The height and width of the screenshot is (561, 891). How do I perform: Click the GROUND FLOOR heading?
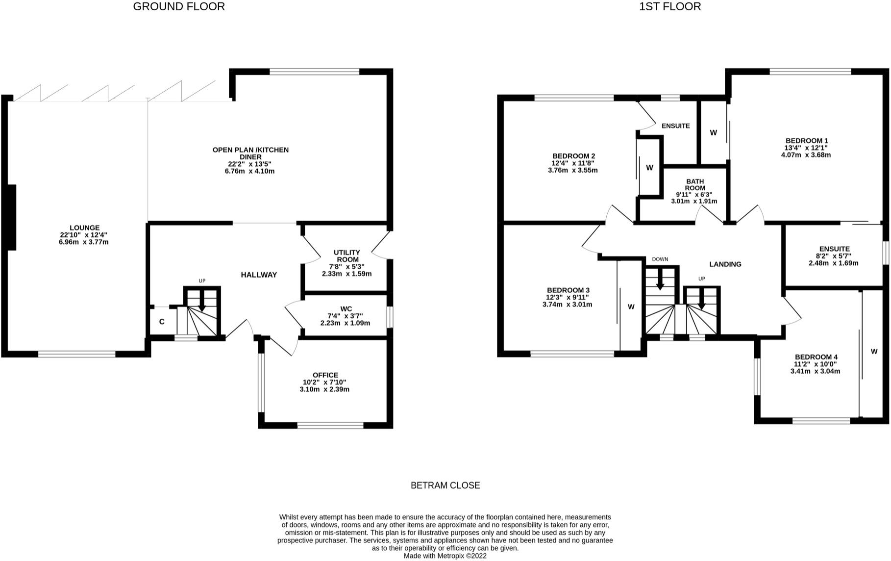click(179, 6)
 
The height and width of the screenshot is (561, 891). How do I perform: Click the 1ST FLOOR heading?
click(669, 6)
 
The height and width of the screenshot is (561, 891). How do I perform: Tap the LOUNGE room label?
click(84, 228)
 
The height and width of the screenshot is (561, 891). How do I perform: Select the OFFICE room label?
click(325, 375)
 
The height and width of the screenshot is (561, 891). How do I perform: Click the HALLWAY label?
click(259, 275)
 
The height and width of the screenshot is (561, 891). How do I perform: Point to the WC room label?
click(346, 308)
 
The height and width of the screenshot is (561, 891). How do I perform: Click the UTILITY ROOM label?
click(347, 256)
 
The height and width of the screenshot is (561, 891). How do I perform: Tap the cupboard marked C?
click(162, 322)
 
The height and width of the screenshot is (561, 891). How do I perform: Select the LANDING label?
click(725, 264)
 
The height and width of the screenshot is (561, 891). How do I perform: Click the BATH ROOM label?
click(694, 184)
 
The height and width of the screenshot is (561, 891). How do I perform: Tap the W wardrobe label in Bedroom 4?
click(874, 351)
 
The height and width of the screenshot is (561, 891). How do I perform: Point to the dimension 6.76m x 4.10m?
click(250, 171)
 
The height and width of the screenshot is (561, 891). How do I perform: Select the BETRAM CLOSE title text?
click(445, 485)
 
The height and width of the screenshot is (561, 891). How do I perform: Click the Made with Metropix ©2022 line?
click(445, 556)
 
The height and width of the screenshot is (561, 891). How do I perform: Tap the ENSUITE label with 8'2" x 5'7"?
click(834, 249)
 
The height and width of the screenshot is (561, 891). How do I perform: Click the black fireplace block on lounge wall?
click(11, 217)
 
